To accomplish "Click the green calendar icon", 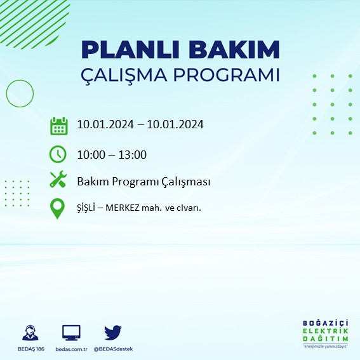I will point(58,125).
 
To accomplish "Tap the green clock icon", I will point(58,154).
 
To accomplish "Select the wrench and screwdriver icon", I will point(58,181).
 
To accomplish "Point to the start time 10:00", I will point(91,154).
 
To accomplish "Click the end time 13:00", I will point(133,154).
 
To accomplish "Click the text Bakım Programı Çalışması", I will point(143,182).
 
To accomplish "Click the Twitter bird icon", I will point(113,332).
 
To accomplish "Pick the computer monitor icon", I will point(71,332).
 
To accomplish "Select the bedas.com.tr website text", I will point(70,349).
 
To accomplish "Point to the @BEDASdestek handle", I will point(113,349).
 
